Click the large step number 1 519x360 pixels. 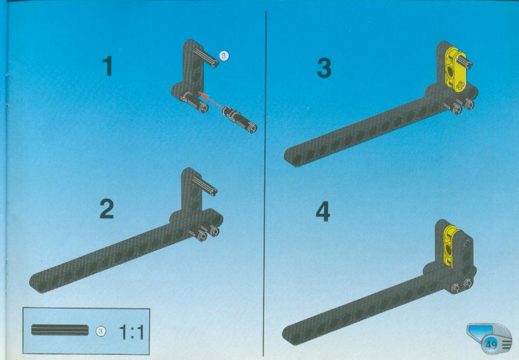[x=108, y=66]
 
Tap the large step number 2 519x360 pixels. [x=107, y=209]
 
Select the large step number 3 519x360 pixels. [x=324, y=68]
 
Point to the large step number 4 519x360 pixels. [x=323, y=212]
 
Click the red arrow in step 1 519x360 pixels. [x=210, y=100]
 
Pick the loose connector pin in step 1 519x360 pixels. [x=240, y=119]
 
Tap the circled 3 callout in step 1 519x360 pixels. [x=224, y=56]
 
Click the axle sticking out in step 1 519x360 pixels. [x=207, y=57]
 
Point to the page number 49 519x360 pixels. [x=492, y=345]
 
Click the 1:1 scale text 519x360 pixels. [x=131, y=332]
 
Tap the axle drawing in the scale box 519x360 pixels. [x=60, y=330]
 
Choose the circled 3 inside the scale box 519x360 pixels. [x=101, y=331]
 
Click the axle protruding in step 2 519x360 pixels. [x=205, y=186]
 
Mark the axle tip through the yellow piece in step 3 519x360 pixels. [x=469, y=64]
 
